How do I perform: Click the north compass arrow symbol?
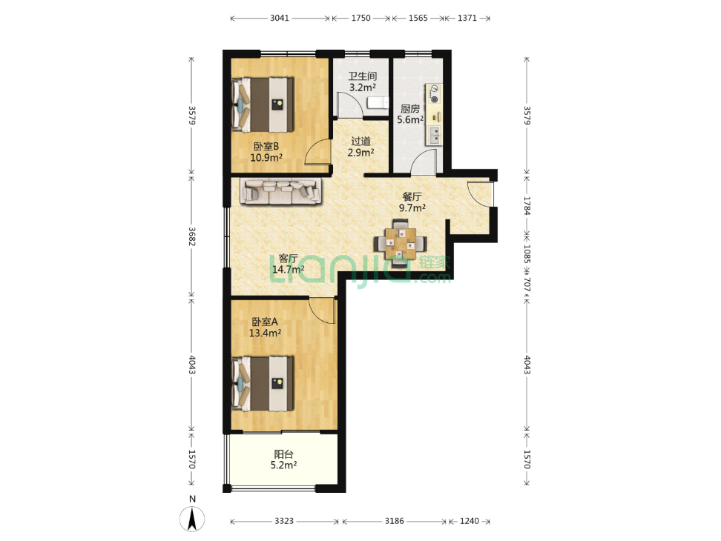(x=192, y=519)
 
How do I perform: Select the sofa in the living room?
(x=280, y=191)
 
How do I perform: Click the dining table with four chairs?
(x=400, y=243)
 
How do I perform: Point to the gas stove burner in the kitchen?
(x=434, y=94)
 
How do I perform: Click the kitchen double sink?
(x=434, y=135)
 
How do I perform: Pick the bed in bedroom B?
(x=263, y=104)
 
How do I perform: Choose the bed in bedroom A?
(x=263, y=384)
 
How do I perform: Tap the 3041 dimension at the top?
(x=280, y=18)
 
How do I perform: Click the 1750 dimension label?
(x=361, y=18)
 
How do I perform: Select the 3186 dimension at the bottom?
(x=395, y=521)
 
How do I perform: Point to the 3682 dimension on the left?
(x=192, y=236)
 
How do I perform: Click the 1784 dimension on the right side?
(x=527, y=206)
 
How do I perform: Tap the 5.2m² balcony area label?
(x=283, y=465)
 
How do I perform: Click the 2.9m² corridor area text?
(x=360, y=153)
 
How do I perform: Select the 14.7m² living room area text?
(x=289, y=269)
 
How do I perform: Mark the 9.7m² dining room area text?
(x=412, y=208)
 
